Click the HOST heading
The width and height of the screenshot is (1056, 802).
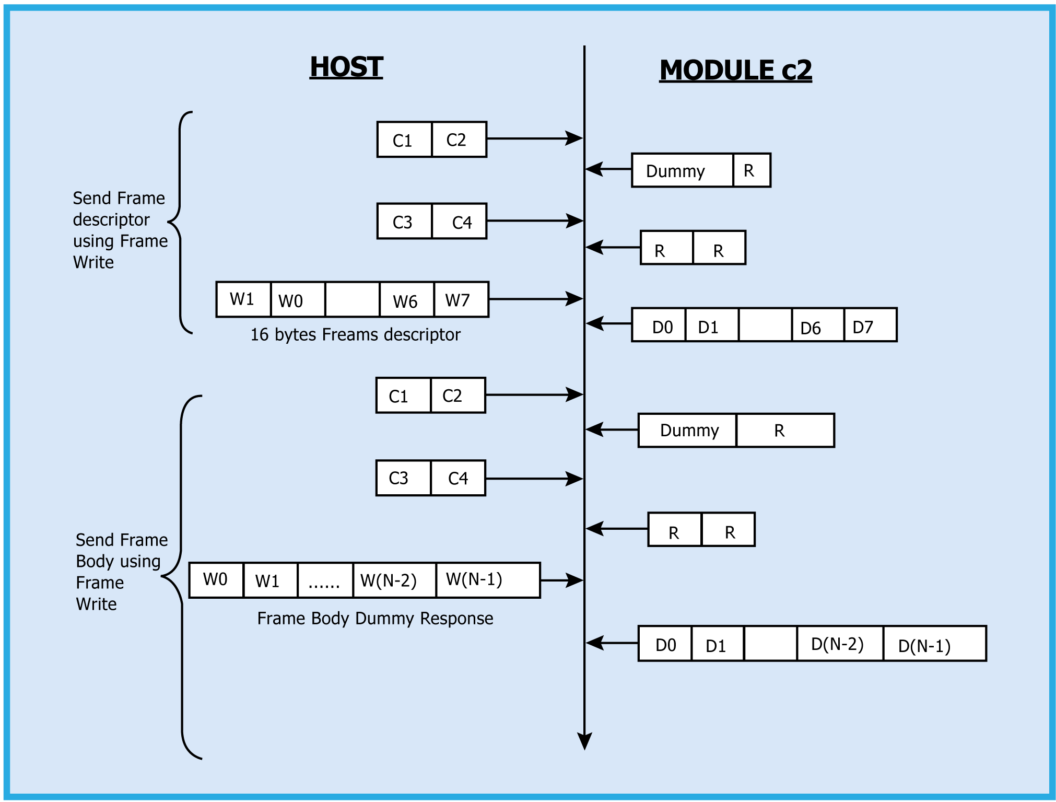point(346,67)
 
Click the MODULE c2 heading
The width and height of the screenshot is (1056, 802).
point(735,71)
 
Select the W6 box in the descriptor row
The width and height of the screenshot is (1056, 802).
point(406,300)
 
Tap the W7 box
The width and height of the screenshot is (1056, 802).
point(460,300)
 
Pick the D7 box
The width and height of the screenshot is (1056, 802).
point(870,326)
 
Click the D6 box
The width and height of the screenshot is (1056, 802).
point(817,326)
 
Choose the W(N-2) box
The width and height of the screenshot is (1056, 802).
point(394,580)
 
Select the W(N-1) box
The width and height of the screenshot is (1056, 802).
point(487,580)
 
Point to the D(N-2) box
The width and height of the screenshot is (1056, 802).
point(839,644)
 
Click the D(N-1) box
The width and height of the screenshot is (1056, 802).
point(934,644)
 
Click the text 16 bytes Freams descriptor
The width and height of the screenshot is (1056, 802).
point(355,335)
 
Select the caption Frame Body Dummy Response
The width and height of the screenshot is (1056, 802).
point(375,619)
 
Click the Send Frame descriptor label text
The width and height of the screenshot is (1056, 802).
point(120,230)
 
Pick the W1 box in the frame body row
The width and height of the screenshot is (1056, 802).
point(269,580)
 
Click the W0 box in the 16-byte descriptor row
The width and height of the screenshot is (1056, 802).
point(297,300)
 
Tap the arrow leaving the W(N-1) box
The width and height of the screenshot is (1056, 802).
point(562,580)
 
